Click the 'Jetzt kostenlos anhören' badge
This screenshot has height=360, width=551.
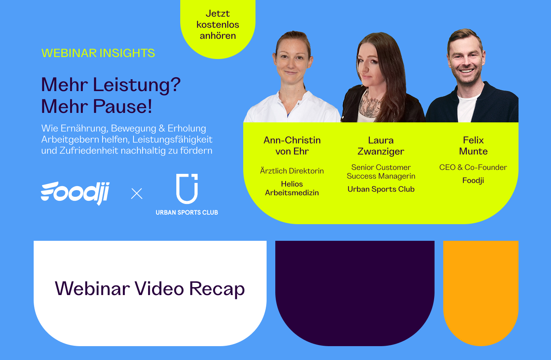218,25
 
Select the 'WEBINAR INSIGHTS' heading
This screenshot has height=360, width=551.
98,53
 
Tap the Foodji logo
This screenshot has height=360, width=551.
75,193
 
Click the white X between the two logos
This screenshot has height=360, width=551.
137,194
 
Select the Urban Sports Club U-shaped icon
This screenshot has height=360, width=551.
187,189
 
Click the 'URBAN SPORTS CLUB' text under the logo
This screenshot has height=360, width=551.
187,213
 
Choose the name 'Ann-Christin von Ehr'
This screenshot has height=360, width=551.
292,146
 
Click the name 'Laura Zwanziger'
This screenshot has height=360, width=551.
381,146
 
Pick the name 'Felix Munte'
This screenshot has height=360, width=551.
473,146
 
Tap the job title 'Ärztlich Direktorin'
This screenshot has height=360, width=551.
292,171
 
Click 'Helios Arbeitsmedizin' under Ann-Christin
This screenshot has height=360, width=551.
292,189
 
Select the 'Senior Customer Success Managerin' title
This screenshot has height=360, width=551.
381,172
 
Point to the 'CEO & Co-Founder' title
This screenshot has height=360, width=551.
473,168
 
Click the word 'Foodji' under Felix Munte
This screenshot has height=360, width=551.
473,181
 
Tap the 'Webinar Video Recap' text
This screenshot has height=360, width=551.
150,289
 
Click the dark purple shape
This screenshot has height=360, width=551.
355,289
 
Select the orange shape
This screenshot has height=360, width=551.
480,289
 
